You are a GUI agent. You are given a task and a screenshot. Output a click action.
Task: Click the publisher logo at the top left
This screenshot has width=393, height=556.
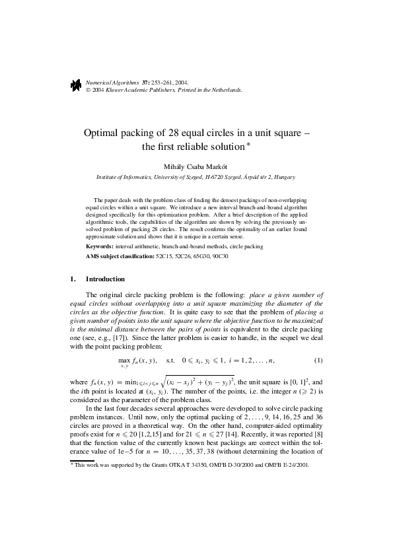pos(75,84)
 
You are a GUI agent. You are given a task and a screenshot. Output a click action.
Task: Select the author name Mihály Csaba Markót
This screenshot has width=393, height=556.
pos(196,166)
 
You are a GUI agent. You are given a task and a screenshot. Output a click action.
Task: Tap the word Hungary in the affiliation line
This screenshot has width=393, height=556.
pos(283,178)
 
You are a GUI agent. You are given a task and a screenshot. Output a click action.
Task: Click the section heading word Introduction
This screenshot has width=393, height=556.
pos(106,279)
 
